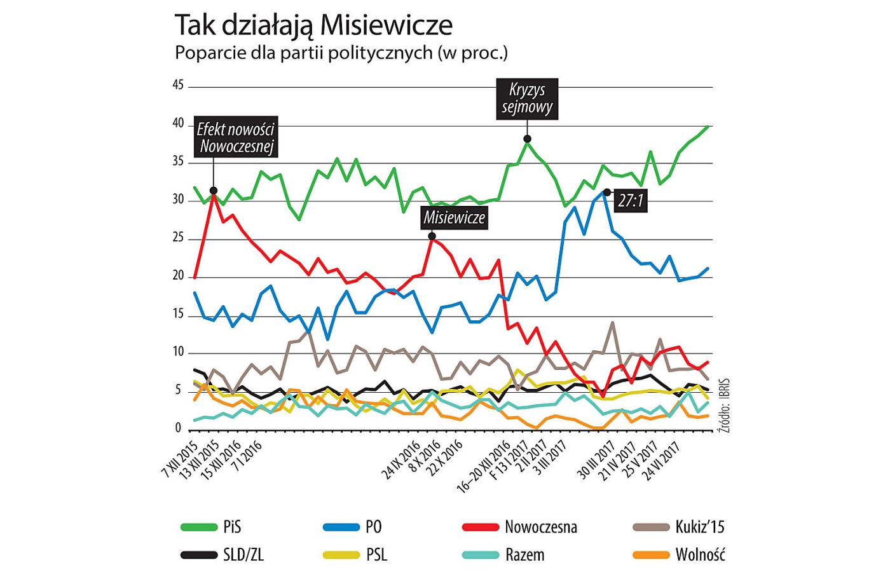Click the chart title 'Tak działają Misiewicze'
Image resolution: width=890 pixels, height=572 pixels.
[313, 25]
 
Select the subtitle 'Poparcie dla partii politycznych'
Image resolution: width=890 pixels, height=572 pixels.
[341, 53]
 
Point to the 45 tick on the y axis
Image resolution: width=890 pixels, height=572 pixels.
[178, 86]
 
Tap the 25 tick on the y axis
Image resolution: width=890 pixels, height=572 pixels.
[178, 238]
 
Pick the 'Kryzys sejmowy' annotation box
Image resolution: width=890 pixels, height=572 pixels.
[527, 99]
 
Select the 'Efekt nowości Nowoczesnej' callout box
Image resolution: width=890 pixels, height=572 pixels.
[236, 138]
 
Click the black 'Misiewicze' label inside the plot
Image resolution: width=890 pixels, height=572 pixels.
[455, 218]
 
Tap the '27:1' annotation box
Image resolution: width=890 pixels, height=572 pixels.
[631, 201]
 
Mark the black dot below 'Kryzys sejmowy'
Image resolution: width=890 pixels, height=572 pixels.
[527, 139]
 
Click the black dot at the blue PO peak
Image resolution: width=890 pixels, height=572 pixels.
[606, 192]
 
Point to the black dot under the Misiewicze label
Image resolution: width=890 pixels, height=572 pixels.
[432, 236]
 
